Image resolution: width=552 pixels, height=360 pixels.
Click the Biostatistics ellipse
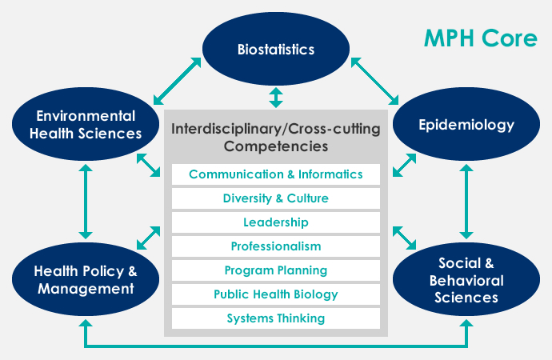tap(276, 50)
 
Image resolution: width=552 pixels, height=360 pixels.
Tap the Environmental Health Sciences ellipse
tap(86, 125)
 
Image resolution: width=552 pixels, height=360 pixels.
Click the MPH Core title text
tap(481, 39)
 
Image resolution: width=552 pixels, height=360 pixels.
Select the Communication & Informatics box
tap(276, 174)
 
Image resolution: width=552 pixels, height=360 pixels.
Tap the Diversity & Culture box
tap(276, 198)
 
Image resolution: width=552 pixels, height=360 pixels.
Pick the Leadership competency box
tap(276, 222)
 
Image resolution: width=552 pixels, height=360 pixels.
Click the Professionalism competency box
tap(276, 246)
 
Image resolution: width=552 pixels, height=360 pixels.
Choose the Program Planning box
tap(276, 270)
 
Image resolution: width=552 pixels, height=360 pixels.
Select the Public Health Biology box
tap(276, 294)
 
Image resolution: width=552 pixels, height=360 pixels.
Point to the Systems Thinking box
tap(276, 318)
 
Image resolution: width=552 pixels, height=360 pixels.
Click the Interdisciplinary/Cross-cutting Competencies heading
tap(276, 137)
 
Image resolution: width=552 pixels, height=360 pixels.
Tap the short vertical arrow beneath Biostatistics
tap(276, 98)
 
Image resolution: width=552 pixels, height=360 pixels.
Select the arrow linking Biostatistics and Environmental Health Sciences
tap(178, 80)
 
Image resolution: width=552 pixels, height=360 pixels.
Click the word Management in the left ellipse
tap(85, 288)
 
